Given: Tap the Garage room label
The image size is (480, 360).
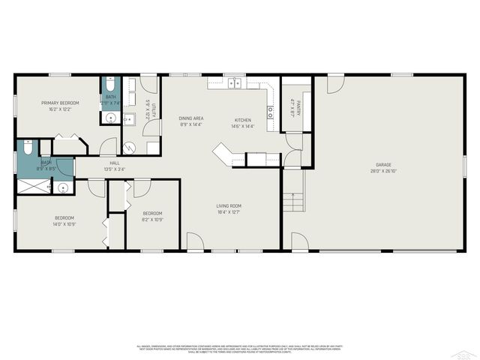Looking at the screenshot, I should (383, 164).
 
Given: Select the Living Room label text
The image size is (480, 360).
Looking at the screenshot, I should (229, 205).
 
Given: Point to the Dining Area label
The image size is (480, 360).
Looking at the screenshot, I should (191, 118).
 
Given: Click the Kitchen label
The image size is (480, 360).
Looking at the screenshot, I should (243, 120).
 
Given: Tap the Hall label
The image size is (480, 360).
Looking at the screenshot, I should (115, 163).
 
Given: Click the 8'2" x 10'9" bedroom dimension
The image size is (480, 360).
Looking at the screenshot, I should (152, 220).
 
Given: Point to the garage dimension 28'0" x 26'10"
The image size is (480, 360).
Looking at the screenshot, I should (383, 170).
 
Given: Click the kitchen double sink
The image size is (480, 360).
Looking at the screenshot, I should (235, 83).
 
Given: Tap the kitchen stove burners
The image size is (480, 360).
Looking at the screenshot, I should (270, 113).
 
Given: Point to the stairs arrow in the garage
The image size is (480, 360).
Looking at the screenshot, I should (293, 198).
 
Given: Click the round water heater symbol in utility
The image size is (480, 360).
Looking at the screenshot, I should (127, 148).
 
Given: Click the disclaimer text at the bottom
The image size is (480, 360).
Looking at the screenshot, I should (240, 349).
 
